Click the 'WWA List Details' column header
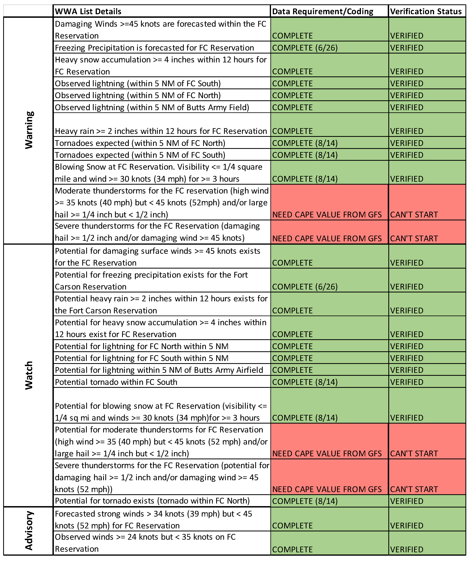(x=88, y=11)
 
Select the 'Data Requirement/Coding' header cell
(x=322, y=11)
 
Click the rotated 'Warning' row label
(x=29, y=130)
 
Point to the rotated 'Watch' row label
(x=29, y=375)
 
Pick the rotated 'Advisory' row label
(x=29, y=531)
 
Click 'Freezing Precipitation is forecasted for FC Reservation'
(x=154, y=48)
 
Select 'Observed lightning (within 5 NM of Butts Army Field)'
(x=152, y=107)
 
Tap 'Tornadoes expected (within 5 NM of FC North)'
(x=140, y=143)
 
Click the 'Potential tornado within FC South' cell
(x=116, y=382)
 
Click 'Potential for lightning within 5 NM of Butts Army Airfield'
(x=159, y=370)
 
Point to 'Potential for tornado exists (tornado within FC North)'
(x=152, y=501)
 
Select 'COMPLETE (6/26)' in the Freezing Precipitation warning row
(x=305, y=48)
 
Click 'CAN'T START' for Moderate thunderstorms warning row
(x=414, y=214)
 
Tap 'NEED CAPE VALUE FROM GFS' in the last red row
(x=327, y=489)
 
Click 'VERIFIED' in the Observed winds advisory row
(x=407, y=549)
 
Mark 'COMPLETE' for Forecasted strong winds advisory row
(x=292, y=525)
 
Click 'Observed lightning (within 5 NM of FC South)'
(x=138, y=84)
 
